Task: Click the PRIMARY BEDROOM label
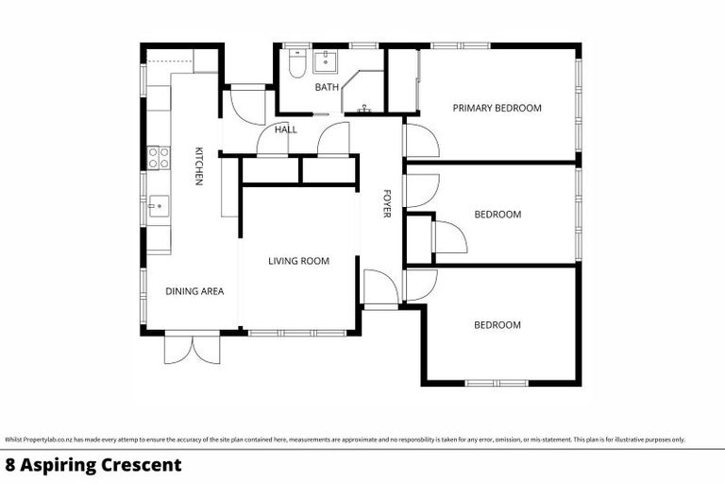click(x=497, y=108)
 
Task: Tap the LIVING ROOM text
click(x=298, y=261)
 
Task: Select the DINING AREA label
click(x=194, y=291)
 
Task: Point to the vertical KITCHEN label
click(x=199, y=165)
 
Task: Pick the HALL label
click(x=286, y=130)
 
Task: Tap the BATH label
click(x=327, y=88)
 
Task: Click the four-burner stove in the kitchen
click(x=159, y=157)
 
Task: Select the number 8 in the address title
click(x=10, y=465)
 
